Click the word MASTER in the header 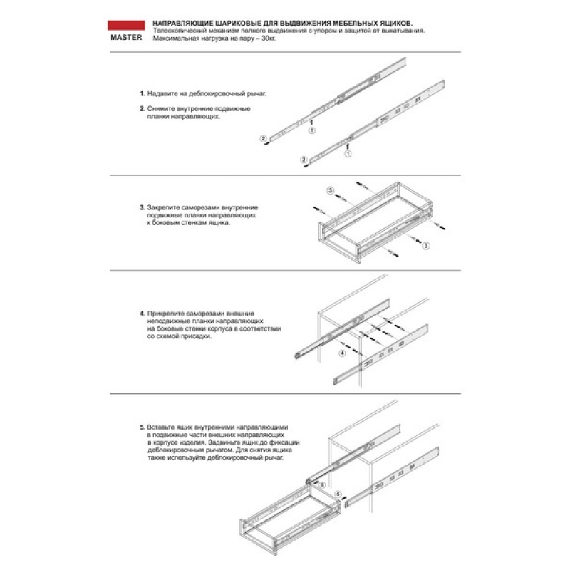[125, 39]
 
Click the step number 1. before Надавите [142, 93]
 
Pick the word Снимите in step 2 [160, 108]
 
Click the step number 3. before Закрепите [142, 207]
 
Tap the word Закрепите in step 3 [163, 207]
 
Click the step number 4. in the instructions [142, 313]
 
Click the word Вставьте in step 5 [162, 426]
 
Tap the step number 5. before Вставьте [142, 426]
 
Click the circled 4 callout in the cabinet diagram [342, 353]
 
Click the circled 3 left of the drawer [330, 190]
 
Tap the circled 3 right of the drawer [426, 245]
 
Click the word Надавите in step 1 [162, 93]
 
